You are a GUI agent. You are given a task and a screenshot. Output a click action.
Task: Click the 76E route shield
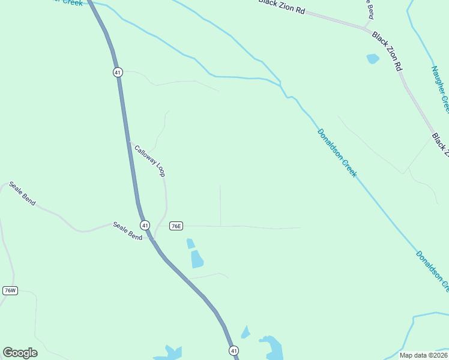point(176,226)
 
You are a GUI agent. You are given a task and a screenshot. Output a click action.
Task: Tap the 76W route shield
point(10,290)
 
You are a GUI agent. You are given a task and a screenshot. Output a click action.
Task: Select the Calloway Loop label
point(149,160)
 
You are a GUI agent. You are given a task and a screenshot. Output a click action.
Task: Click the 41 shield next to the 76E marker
point(145,225)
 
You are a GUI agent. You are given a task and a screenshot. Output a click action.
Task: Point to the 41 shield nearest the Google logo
point(234,350)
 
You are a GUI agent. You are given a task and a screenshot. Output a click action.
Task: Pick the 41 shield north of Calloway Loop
point(118,72)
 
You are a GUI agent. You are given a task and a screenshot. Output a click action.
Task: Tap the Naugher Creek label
point(439,88)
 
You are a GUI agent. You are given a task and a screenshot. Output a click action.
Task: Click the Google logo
point(20,353)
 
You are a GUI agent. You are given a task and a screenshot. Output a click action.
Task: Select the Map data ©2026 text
point(423,355)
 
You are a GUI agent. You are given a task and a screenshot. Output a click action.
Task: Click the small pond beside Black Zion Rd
point(373,59)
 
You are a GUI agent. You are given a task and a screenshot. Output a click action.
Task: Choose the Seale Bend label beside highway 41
point(128,232)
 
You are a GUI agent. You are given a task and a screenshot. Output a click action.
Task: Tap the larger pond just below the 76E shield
point(197,259)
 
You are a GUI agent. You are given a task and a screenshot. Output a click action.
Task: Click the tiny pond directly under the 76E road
point(190,243)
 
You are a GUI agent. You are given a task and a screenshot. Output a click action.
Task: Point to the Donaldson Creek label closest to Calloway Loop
point(337,152)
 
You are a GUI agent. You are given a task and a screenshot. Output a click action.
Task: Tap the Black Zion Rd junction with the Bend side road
point(367,28)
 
